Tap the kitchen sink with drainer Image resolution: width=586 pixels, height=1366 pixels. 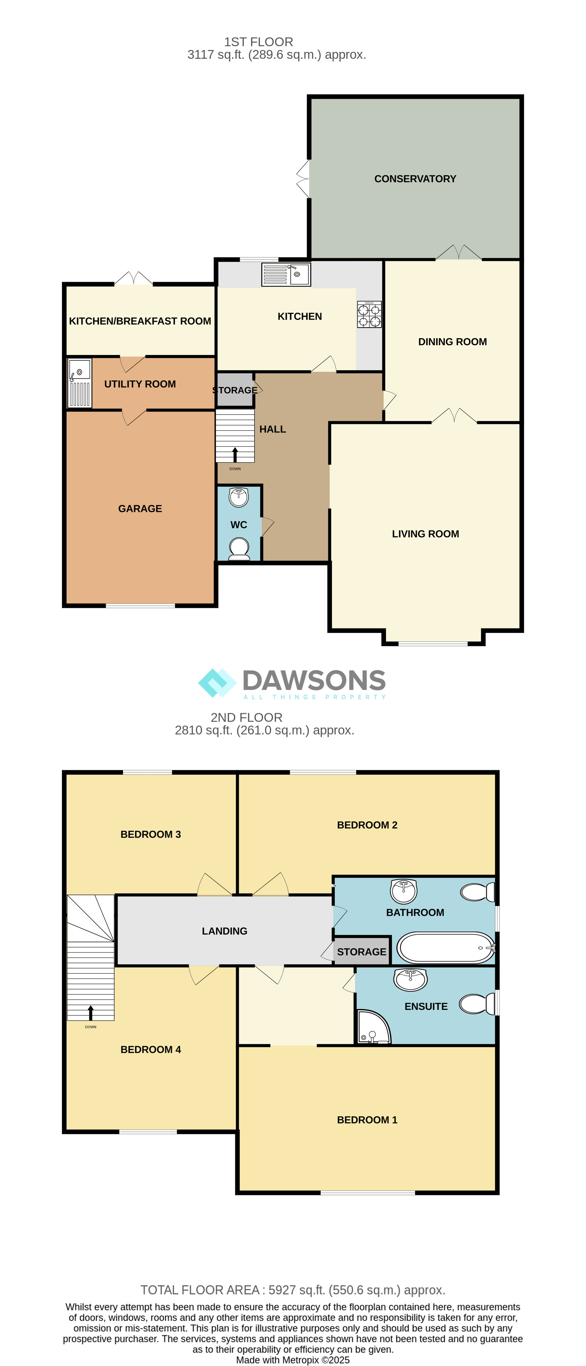click(x=286, y=274)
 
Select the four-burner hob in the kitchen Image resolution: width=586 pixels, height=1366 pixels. click(x=369, y=315)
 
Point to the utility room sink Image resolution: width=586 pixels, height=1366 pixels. click(x=79, y=383)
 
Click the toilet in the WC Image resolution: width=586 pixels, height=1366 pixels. click(x=239, y=549)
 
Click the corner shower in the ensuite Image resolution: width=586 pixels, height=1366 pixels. click(x=373, y=1027)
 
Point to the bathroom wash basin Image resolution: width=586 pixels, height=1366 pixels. click(x=404, y=891)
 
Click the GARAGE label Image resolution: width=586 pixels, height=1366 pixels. click(x=140, y=509)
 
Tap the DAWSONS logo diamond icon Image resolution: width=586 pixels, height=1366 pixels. click(x=217, y=683)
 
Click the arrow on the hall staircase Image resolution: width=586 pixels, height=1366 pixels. click(x=235, y=454)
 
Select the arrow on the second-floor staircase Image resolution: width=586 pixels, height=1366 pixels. click(x=91, y=1013)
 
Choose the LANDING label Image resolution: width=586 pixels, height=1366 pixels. click(x=224, y=931)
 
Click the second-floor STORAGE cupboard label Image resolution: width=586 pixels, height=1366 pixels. click(x=362, y=952)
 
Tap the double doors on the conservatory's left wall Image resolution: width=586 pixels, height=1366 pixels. click(x=303, y=179)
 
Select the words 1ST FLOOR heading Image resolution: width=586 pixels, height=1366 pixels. click(x=258, y=42)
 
